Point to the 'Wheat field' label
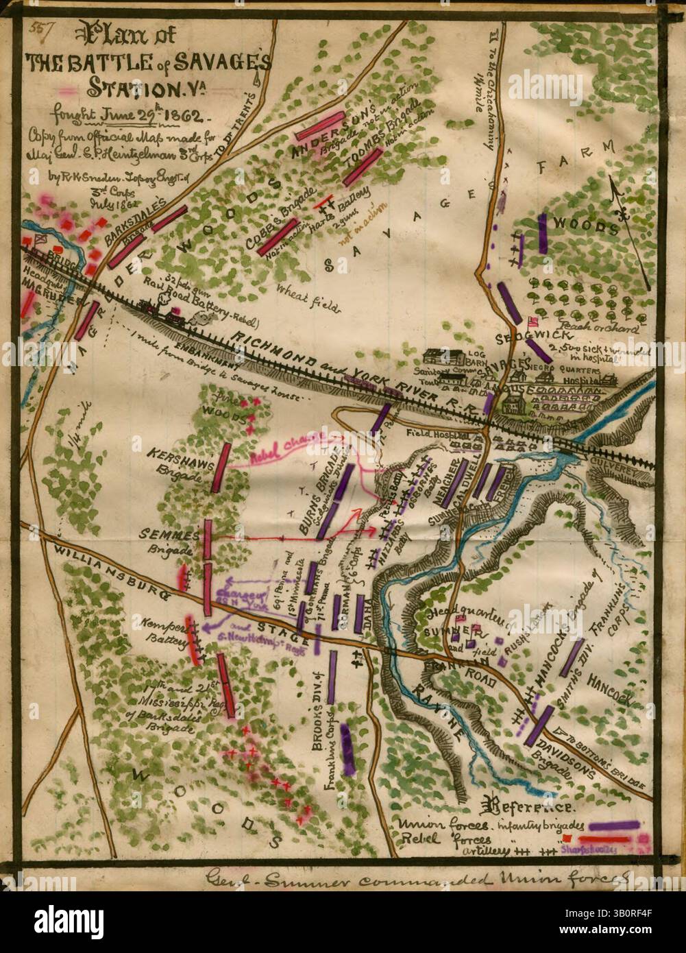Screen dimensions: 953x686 point(308,300)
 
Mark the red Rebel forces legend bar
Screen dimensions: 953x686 point(600,839)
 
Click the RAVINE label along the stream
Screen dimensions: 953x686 point(439,713)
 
